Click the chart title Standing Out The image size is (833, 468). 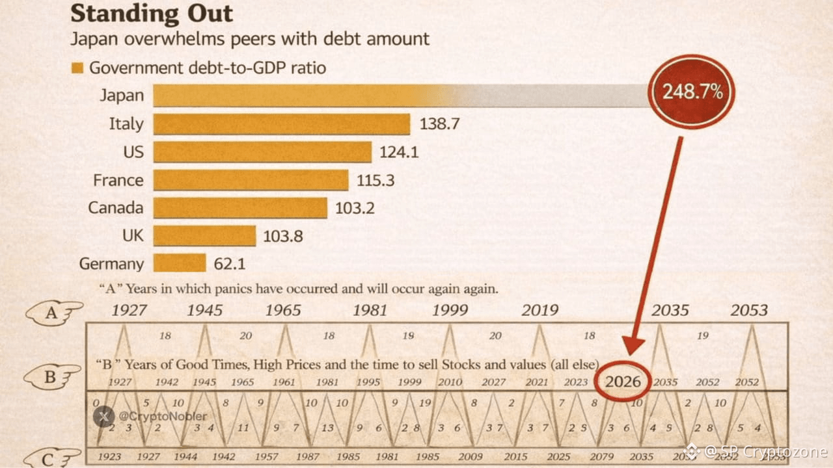(x=151, y=13)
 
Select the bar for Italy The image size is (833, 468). (x=281, y=124)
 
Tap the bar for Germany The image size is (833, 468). (x=180, y=263)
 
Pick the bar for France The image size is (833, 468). (x=251, y=180)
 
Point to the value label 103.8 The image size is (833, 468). (x=283, y=236)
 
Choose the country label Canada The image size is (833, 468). (x=116, y=208)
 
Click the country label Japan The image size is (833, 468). (x=122, y=96)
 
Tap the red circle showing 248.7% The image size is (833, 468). (x=692, y=92)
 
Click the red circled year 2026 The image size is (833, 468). (x=623, y=382)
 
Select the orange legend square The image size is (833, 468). (x=77, y=68)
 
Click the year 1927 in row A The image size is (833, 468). (x=129, y=310)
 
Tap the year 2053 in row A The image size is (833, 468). (x=749, y=310)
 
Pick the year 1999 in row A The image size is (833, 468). (x=450, y=310)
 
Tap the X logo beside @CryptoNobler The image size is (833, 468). (x=104, y=416)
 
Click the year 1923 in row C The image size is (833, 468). (x=109, y=457)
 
